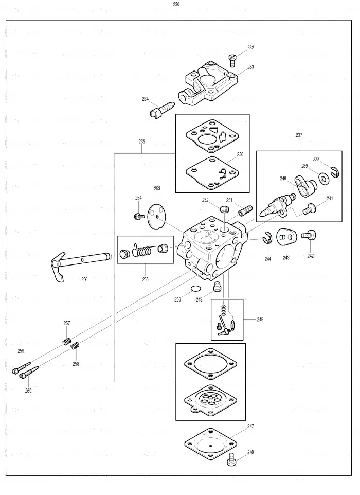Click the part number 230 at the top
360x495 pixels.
coord(176,4)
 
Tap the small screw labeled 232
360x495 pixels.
coord(232,60)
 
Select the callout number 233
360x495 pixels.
coord(250,67)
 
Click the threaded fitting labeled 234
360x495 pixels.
coord(161,110)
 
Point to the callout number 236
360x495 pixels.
coord(240,154)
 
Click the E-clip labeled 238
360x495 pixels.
coord(335,173)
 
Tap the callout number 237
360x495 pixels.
coord(299,135)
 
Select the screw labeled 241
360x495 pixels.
coord(309,209)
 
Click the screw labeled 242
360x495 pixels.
coord(309,235)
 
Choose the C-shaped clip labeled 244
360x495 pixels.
coord(267,237)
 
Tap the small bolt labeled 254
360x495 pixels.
coord(139,216)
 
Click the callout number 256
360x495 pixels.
coord(84,279)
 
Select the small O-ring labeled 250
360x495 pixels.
coord(196,288)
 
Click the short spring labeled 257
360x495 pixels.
coord(66,341)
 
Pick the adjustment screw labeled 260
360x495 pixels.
coord(29,372)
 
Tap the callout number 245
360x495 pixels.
coord(260,320)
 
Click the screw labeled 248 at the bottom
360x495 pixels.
coord(231,459)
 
